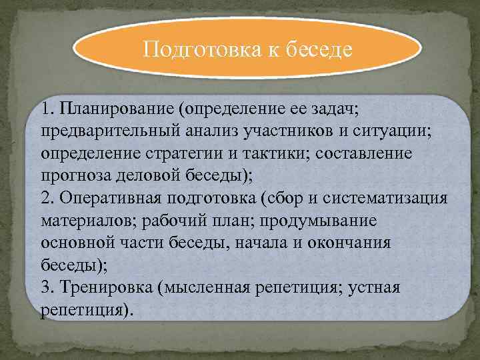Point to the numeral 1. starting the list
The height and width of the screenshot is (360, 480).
(x=46, y=108)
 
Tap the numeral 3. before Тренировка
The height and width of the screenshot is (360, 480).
(x=47, y=287)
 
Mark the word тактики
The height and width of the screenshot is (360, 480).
(x=274, y=153)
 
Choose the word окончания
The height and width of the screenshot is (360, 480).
(x=349, y=243)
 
